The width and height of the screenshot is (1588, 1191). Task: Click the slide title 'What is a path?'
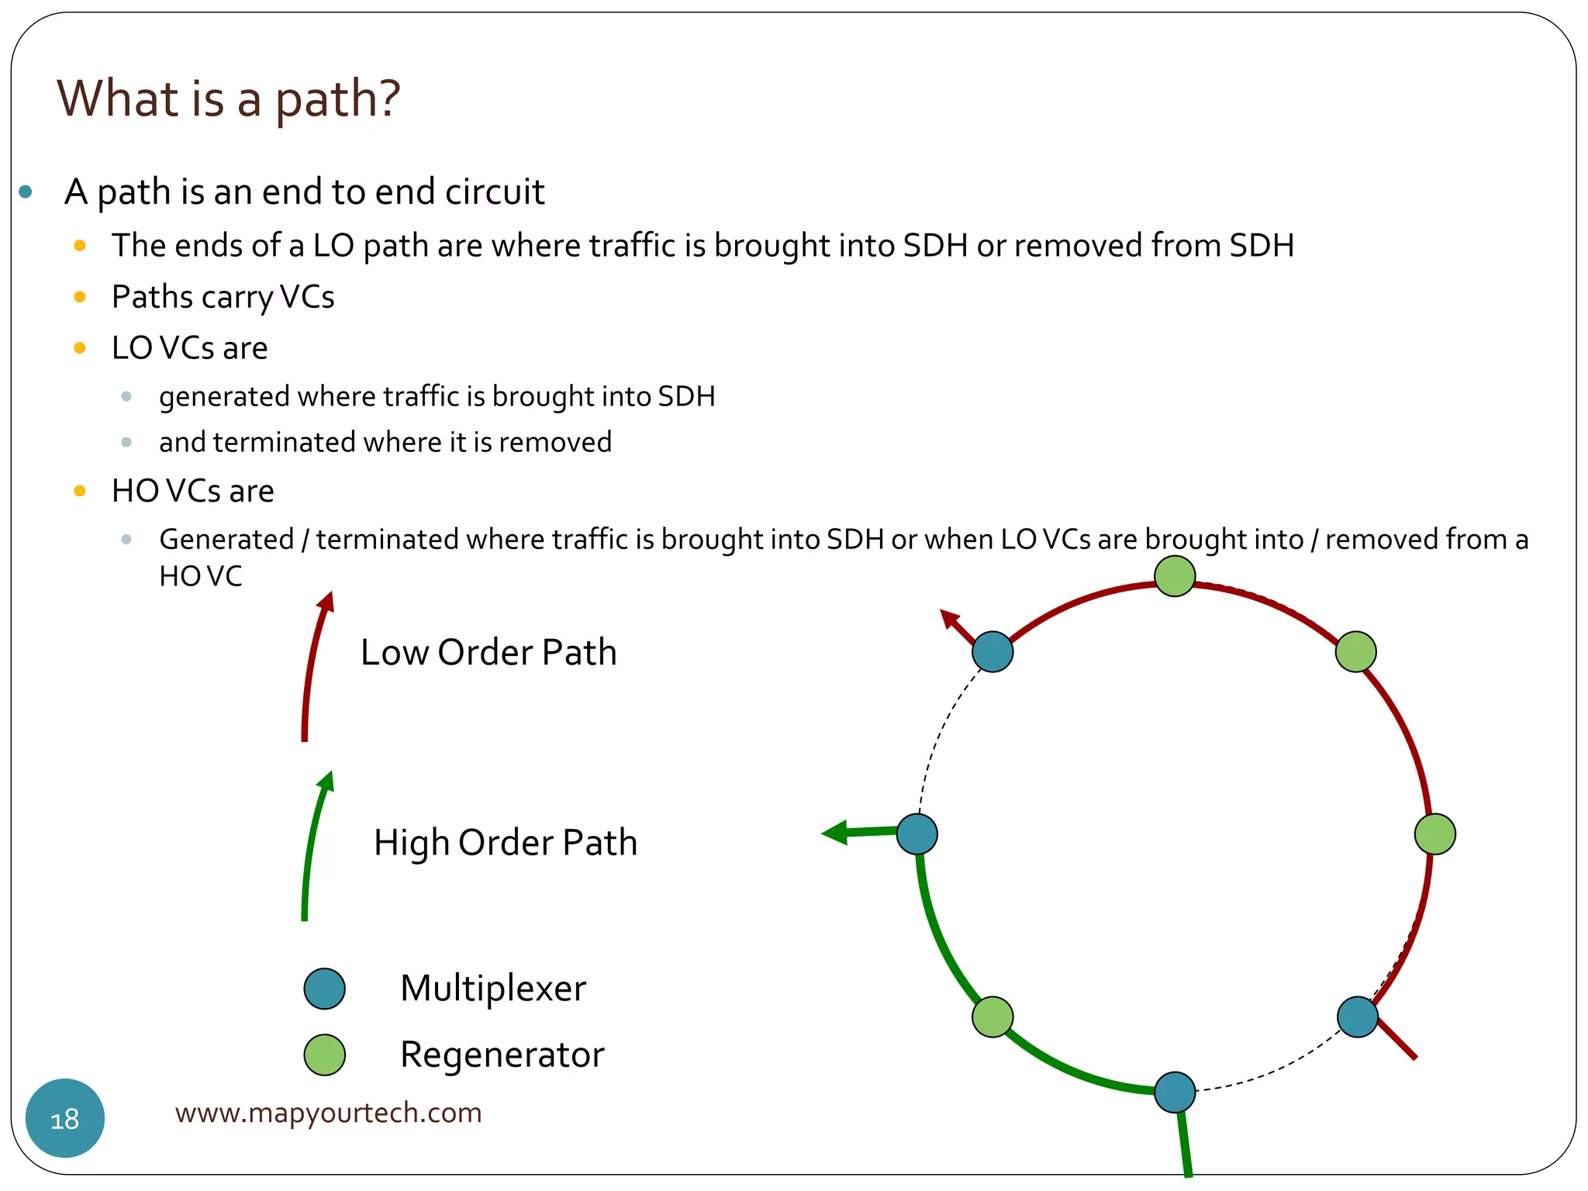click(229, 98)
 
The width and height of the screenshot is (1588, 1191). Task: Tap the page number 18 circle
click(65, 1118)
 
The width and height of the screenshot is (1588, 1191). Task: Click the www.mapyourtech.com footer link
click(328, 1113)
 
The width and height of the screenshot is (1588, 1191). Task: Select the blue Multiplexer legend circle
click(324, 989)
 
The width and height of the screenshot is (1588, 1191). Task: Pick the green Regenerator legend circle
click(324, 1055)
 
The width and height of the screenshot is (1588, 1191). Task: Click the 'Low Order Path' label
click(488, 652)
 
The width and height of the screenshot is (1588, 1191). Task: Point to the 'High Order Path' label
click(506, 842)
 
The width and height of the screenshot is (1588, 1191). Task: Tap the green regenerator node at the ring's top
click(1175, 576)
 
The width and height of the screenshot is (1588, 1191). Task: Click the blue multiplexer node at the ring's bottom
click(1175, 1092)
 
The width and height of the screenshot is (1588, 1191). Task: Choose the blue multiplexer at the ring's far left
click(917, 834)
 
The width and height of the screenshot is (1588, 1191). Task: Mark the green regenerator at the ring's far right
click(1434, 834)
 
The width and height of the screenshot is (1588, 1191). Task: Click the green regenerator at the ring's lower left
click(992, 1017)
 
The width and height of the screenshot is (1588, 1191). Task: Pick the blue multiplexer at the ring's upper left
click(992, 651)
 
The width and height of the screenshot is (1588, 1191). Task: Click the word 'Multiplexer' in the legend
click(493, 989)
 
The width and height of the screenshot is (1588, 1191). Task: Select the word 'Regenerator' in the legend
click(502, 1055)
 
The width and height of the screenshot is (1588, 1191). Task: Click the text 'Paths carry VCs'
click(223, 297)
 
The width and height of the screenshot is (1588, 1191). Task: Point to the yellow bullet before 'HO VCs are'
click(79, 491)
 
